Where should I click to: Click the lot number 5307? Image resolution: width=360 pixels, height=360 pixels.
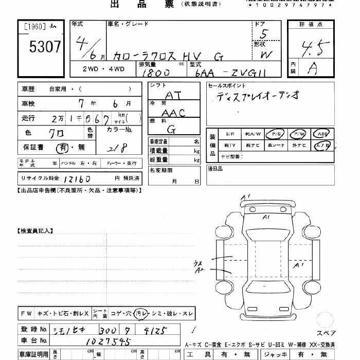coord(45,47)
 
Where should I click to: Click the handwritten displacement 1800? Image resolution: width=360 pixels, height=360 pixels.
coord(156,74)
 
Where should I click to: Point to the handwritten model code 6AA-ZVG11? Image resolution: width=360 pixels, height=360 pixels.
coord(226,74)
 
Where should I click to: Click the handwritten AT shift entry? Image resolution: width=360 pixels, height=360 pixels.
coord(176,96)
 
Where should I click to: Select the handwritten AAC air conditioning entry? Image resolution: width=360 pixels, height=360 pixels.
coord(173,113)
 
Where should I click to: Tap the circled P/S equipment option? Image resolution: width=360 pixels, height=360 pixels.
coord(275,134)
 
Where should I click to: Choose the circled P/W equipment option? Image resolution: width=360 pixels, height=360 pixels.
coord(298,134)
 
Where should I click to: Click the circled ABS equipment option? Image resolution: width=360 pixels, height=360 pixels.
coord(322,134)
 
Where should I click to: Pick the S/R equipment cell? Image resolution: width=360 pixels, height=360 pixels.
coord(229,134)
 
